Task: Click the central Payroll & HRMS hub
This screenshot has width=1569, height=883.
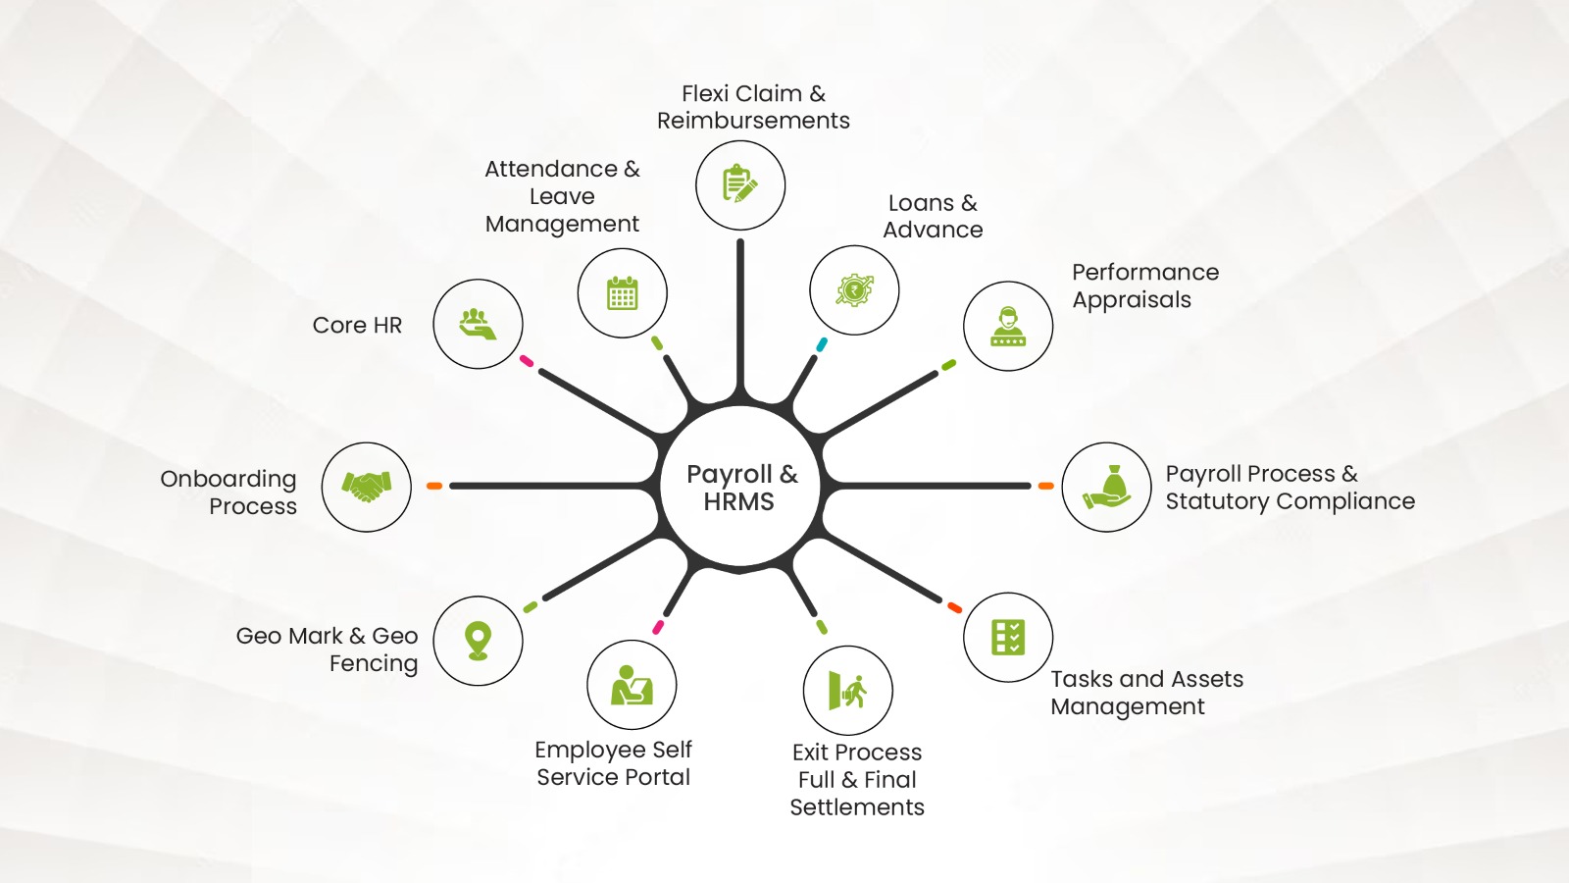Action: point(740,487)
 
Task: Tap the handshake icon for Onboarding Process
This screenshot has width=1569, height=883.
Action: point(367,487)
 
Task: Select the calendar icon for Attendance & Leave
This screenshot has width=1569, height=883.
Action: point(623,292)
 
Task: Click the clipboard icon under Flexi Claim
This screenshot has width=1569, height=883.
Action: point(740,184)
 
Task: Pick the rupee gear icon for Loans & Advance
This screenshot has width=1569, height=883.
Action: point(854,290)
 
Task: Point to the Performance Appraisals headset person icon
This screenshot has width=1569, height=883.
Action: point(1008,326)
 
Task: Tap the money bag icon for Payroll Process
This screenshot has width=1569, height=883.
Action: point(1107,487)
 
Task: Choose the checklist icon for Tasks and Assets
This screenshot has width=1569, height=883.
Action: point(1008,637)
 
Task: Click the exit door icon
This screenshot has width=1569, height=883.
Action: point(847,690)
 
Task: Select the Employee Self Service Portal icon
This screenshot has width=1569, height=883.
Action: point(632,685)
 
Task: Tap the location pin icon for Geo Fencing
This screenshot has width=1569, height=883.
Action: point(478,641)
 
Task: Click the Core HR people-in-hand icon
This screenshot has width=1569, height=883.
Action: point(478,324)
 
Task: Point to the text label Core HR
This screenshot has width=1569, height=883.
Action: point(357,325)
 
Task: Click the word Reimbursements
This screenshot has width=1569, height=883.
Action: point(753,121)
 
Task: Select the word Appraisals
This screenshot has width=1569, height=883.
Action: point(1132,300)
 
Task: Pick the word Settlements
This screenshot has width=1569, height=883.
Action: point(857,807)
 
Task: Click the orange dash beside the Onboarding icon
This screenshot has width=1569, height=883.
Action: point(434,486)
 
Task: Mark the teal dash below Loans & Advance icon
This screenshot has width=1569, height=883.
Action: point(822,344)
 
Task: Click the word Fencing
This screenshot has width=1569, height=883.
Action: point(374,664)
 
